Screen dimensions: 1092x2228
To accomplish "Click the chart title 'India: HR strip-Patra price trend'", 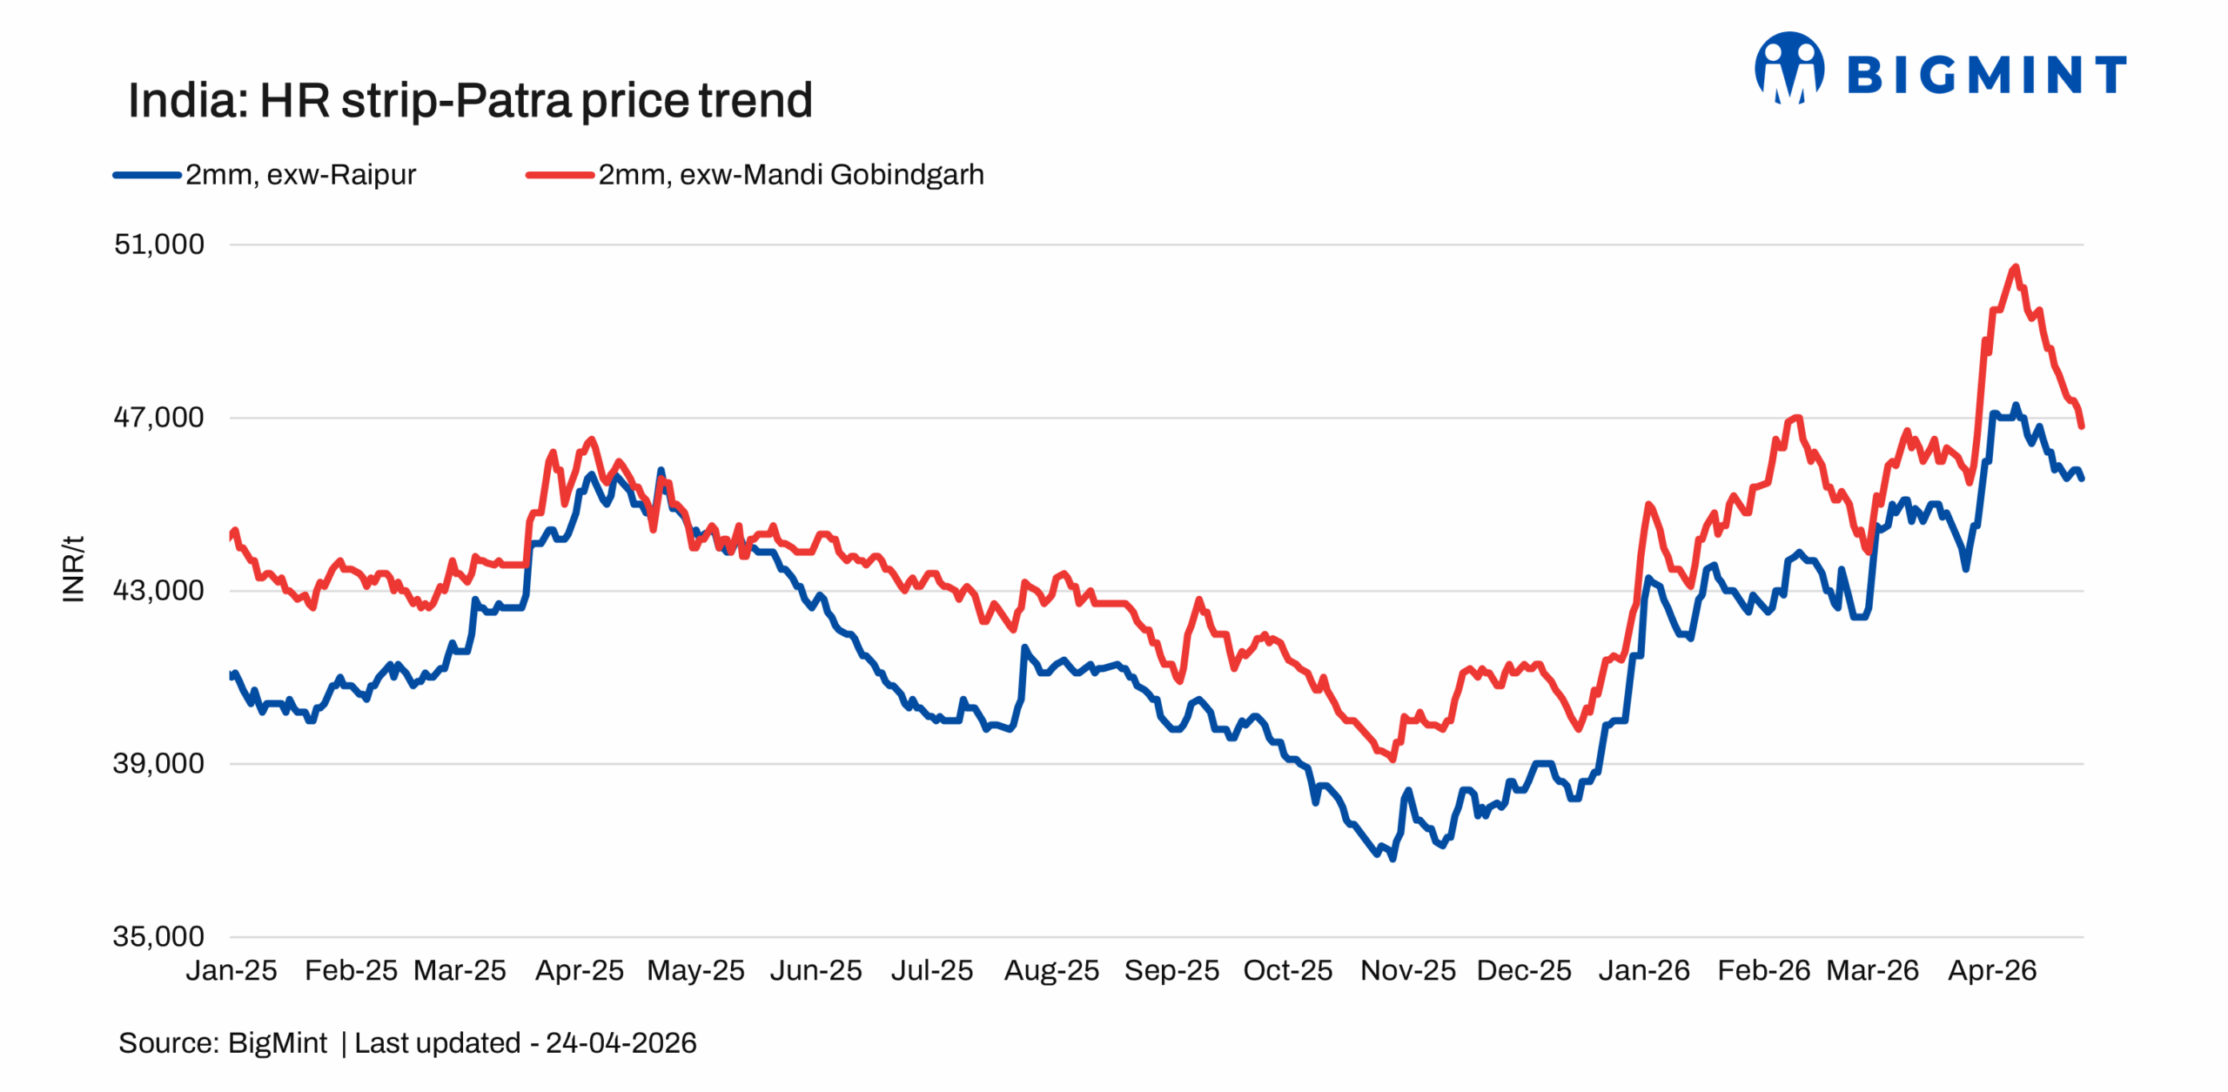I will click(x=470, y=100).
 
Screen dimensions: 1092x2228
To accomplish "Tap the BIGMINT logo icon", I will click(x=1788, y=68).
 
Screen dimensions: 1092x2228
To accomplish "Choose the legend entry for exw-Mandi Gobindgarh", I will click(x=790, y=175).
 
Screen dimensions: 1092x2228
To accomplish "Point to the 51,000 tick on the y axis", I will click(x=159, y=245).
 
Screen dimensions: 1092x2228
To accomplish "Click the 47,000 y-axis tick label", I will click(x=159, y=418).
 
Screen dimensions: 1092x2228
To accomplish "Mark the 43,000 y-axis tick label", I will click(x=159, y=591).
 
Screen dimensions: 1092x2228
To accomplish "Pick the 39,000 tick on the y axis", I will click(x=159, y=764).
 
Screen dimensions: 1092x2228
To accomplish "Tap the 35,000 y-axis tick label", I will click(x=159, y=937).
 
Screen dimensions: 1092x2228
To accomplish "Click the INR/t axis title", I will click(x=74, y=569).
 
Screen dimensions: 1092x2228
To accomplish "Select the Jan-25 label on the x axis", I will click(x=232, y=971).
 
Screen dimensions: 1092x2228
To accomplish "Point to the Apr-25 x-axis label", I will click(x=580, y=971).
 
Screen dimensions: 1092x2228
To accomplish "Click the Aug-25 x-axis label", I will click(x=1051, y=971).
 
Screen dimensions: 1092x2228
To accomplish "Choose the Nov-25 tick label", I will click(x=1407, y=971).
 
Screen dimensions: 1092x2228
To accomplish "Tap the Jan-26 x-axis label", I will click(x=1644, y=971).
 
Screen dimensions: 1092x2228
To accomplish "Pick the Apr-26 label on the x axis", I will click(x=1992, y=971).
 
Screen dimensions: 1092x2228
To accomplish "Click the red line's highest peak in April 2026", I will click(x=2015, y=267).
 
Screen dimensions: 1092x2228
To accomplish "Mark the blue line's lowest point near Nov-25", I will click(x=1392, y=859).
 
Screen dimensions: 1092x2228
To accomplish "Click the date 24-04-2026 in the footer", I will click(x=621, y=1043).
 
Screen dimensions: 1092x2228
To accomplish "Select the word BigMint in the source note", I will click(x=277, y=1043).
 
